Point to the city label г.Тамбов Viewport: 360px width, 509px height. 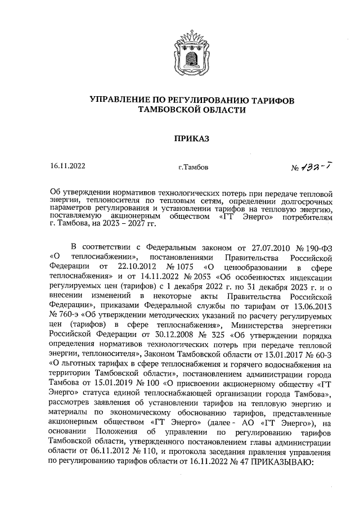tap(192, 167)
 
